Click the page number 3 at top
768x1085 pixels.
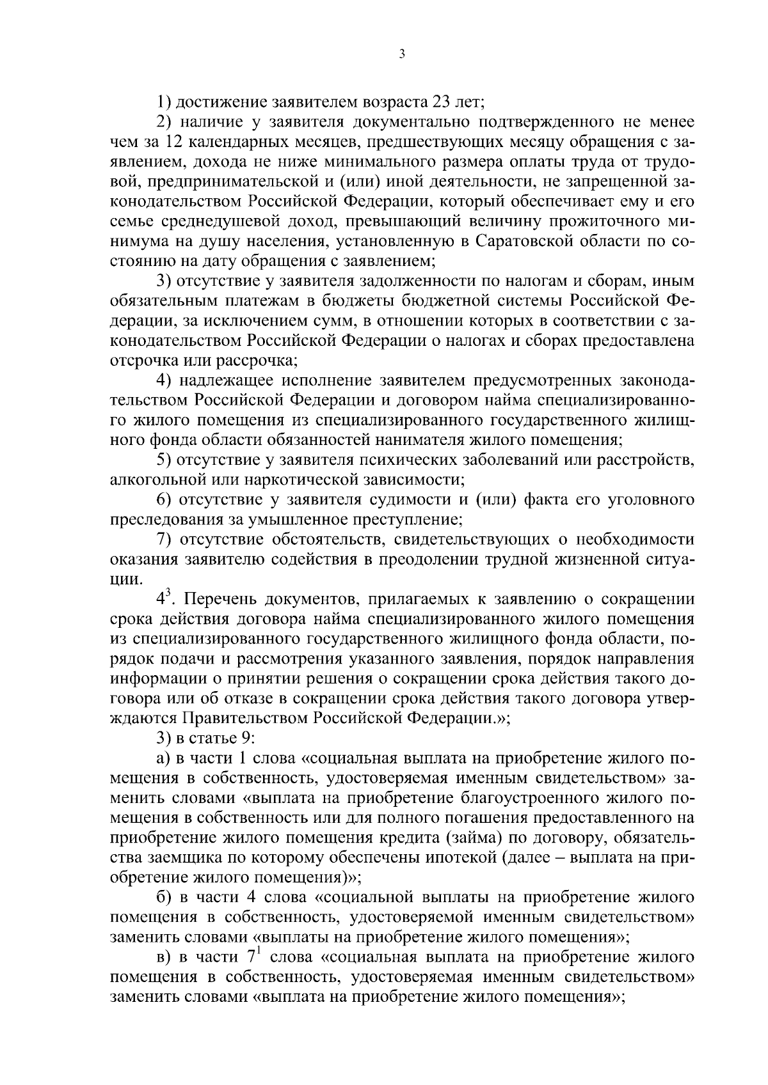pyautogui.click(x=401, y=55)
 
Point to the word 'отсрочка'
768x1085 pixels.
pyautogui.click(x=141, y=360)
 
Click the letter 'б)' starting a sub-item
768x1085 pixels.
pyautogui.click(x=164, y=898)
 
